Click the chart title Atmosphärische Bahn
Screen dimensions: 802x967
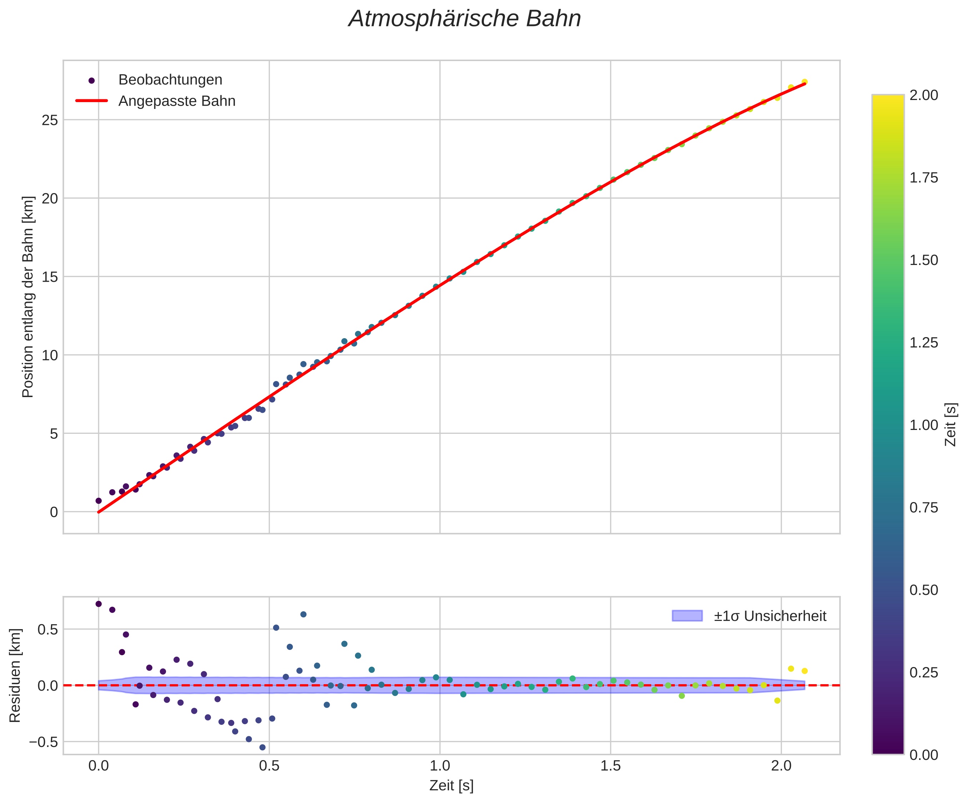(465, 19)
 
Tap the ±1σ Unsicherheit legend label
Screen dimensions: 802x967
(770, 616)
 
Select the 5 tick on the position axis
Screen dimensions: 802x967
(54, 434)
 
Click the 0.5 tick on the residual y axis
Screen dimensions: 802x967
(47, 630)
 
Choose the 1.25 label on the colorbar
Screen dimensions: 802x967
(923, 343)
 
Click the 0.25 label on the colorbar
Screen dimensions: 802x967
(923, 673)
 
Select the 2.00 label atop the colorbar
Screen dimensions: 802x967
(923, 95)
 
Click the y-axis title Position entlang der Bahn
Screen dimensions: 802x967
(28, 297)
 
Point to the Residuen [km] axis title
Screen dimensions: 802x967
(15, 675)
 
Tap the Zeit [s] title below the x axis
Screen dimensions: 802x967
(451, 786)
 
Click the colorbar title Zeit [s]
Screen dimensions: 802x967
(951, 425)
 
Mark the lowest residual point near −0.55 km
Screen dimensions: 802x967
(262, 747)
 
